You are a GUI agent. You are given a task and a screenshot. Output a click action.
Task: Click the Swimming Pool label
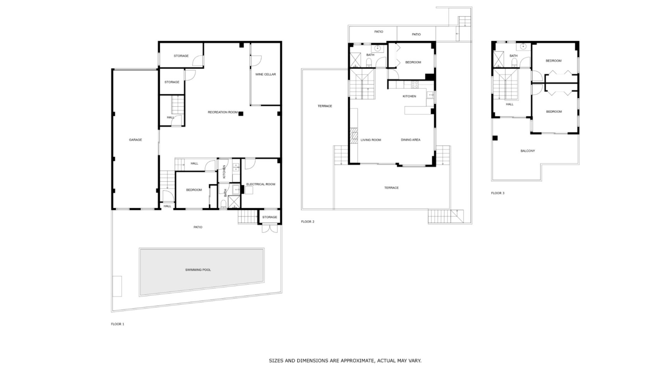coord(198,270)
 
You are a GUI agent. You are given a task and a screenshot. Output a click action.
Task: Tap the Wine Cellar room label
coord(265,74)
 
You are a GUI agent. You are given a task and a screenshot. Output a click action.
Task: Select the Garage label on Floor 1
coord(135,140)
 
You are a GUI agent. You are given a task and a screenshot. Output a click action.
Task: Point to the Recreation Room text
coord(223,112)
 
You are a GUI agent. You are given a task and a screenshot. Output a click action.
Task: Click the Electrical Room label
coord(261,184)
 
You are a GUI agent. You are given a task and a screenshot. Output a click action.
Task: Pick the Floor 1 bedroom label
coord(194,190)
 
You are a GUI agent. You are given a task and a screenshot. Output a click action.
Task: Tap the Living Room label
coord(371,140)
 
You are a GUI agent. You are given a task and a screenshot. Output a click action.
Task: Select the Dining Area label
coord(410,140)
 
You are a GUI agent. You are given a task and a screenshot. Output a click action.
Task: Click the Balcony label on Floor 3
coord(527,151)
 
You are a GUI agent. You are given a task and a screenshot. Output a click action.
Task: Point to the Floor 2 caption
coord(307,222)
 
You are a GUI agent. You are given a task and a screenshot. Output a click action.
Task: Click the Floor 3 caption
coord(498,193)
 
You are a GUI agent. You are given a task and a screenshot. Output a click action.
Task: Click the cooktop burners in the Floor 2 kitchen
coord(415,84)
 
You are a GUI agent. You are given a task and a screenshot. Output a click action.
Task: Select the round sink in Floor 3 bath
coord(523,46)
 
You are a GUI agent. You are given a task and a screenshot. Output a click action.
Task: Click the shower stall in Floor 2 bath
coord(356,59)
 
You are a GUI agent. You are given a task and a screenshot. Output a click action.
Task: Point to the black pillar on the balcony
coord(495,138)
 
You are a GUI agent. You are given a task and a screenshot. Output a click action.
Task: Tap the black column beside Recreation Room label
coord(240,113)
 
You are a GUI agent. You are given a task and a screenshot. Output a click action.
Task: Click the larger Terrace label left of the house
coord(325,106)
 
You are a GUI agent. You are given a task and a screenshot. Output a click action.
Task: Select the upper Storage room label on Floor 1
coord(181,56)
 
